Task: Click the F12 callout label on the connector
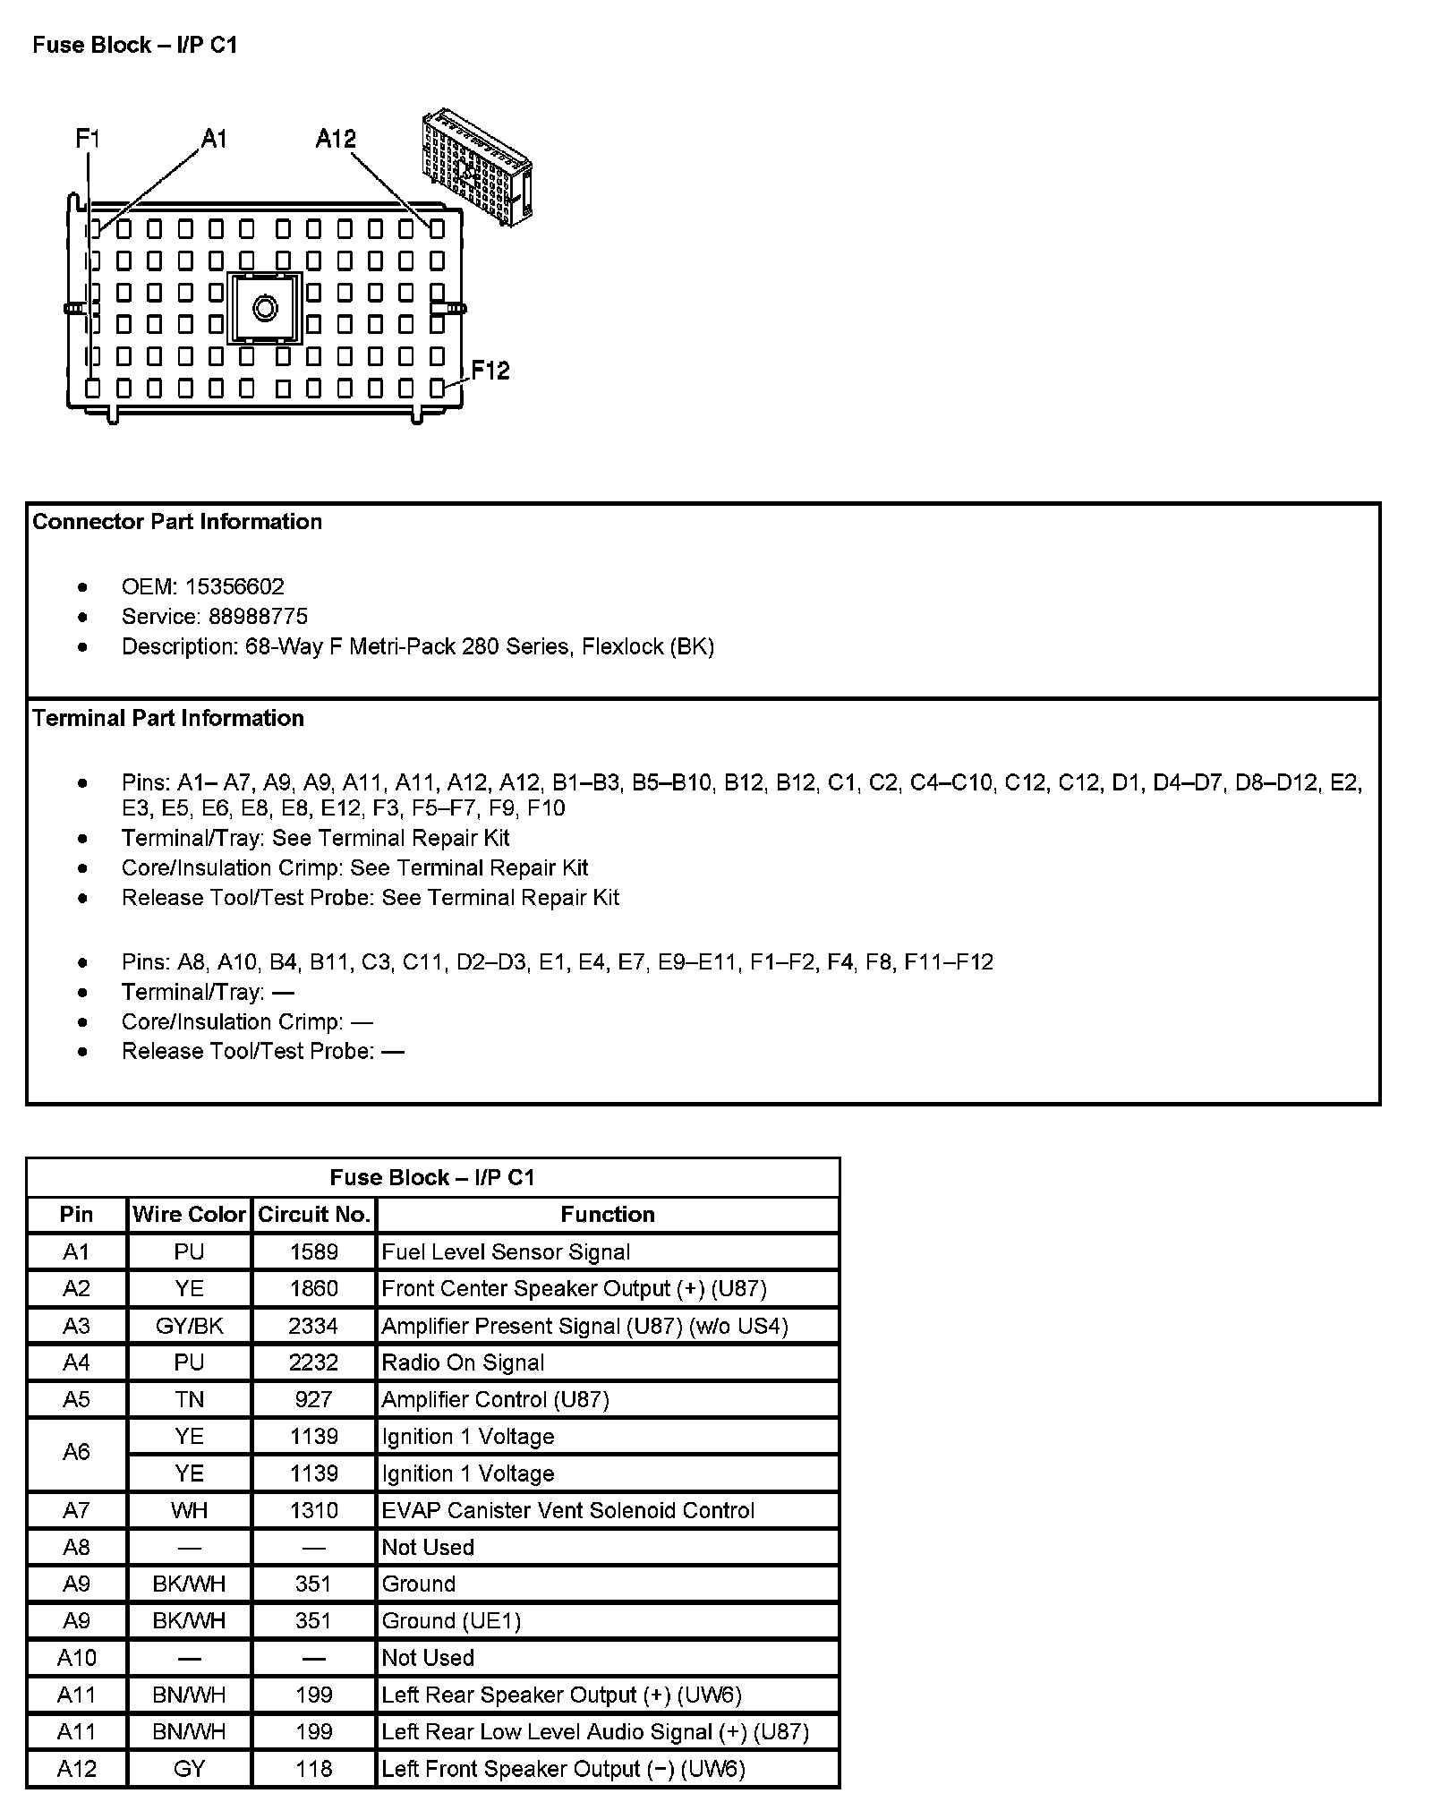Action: [x=490, y=371]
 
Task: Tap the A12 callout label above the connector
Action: [x=336, y=139]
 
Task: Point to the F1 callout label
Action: [x=88, y=139]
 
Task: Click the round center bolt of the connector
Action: [x=266, y=309]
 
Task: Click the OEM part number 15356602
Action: [x=234, y=587]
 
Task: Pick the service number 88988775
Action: [x=258, y=617]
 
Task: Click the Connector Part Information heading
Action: [x=177, y=522]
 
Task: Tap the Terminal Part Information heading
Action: [x=168, y=718]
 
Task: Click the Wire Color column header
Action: [x=189, y=1215]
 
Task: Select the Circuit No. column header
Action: [x=314, y=1215]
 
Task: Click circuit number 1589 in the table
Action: [x=314, y=1252]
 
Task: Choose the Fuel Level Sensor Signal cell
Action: [x=506, y=1252]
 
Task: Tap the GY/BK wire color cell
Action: [x=189, y=1326]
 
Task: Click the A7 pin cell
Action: [x=77, y=1511]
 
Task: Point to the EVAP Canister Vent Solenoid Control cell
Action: [x=568, y=1511]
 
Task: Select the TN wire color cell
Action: [x=189, y=1400]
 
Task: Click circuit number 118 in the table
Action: [x=314, y=1769]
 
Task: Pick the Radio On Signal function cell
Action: [x=463, y=1363]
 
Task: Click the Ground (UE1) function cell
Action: [x=451, y=1621]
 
